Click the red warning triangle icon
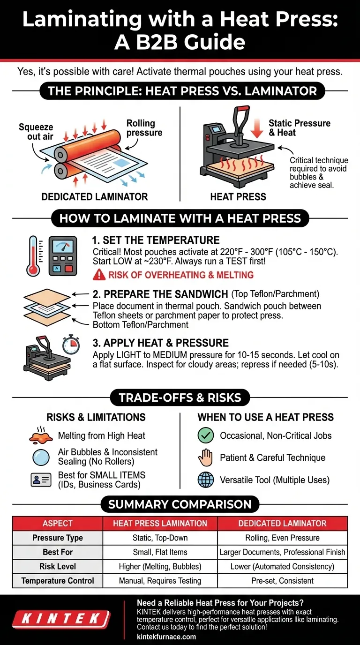pos(99,275)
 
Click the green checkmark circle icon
pos(206,435)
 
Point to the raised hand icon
pos(206,458)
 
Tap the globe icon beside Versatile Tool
pos(206,480)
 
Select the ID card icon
pos(41,480)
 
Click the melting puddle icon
pos(41,435)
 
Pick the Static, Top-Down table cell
pos(160,538)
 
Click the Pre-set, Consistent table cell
pos(282,581)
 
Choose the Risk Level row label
pos(58,566)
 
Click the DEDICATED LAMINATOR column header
pos(282,523)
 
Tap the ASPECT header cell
pos(58,523)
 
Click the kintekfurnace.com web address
pos(166,637)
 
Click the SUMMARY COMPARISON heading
pos(180,504)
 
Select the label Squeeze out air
pos(36,132)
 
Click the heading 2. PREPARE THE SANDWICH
pos(160,294)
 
